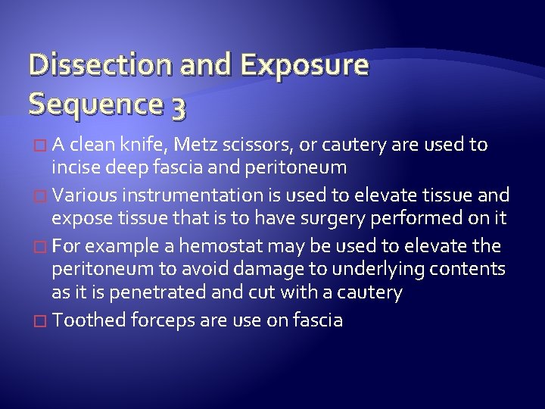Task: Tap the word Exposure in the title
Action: point(304,67)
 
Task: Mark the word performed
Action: point(419,218)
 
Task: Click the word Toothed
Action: point(83,320)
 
